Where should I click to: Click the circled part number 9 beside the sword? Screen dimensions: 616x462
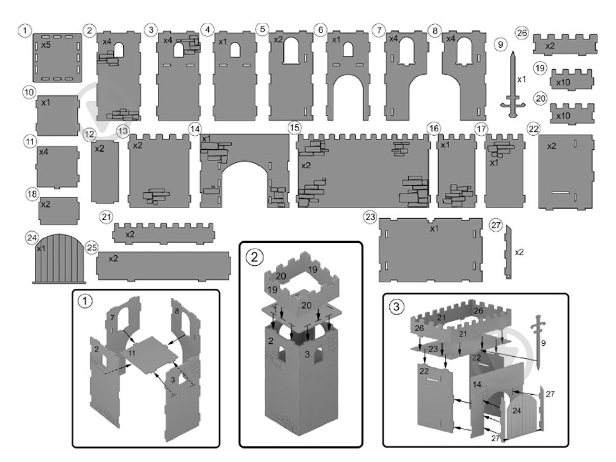tap(500, 44)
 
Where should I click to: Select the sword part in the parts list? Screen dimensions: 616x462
tap(512, 84)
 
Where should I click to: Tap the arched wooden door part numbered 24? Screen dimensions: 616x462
tap(59, 258)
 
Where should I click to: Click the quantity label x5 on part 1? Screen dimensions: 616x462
tap(46, 45)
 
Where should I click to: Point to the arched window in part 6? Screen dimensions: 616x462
tap(347, 50)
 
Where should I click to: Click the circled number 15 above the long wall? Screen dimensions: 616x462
tap(294, 128)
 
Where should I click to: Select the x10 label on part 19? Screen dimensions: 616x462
tap(563, 82)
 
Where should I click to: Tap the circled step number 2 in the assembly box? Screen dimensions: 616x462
tap(255, 257)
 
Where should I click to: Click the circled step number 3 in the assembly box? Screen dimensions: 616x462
tap(396, 306)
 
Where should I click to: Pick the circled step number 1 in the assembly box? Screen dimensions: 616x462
tap(85, 301)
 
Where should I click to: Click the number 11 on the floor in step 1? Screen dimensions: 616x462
tap(131, 353)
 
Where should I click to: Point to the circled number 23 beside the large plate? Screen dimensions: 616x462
tap(370, 217)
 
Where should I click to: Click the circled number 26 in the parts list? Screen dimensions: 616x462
tap(522, 33)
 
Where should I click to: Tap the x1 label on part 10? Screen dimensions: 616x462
tap(46, 103)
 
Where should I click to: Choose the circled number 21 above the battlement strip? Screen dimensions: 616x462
tap(106, 217)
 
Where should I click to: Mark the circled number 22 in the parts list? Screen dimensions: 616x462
tap(533, 129)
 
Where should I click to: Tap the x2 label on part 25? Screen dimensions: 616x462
tap(113, 259)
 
